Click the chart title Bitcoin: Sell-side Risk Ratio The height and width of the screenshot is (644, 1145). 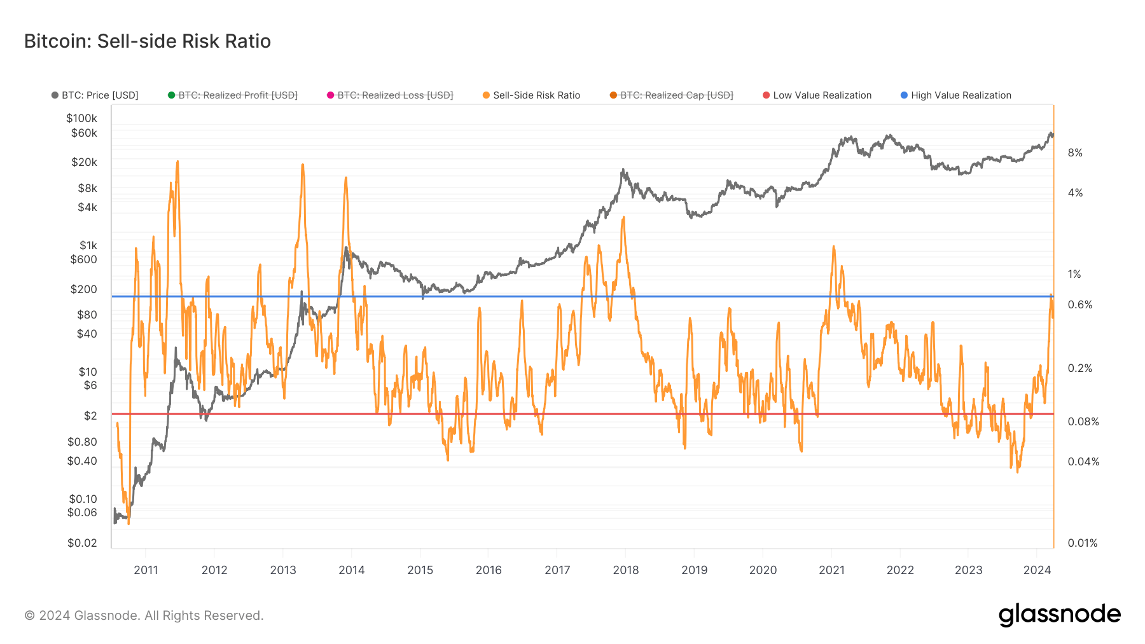[x=148, y=41]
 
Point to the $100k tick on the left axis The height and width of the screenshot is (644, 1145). [x=82, y=118]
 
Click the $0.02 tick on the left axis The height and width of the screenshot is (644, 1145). [x=83, y=543]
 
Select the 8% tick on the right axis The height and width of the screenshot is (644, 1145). [x=1075, y=153]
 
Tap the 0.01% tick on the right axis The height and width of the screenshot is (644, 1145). [x=1082, y=543]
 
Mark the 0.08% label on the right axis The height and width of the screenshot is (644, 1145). [x=1083, y=421]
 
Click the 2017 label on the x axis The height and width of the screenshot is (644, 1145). [x=557, y=570]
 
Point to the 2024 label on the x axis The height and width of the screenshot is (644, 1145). [x=1037, y=570]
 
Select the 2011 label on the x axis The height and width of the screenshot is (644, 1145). [x=146, y=570]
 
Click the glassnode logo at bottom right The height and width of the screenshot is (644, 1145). [x=1059, y=615]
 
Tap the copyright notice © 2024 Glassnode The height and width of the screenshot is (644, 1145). [x=144, y=615]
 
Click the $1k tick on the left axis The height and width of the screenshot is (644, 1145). [x=88, y=245]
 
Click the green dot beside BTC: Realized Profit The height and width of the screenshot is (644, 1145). [x=171, y=95]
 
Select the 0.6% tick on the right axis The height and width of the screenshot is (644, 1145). [x=1079, y=305]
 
